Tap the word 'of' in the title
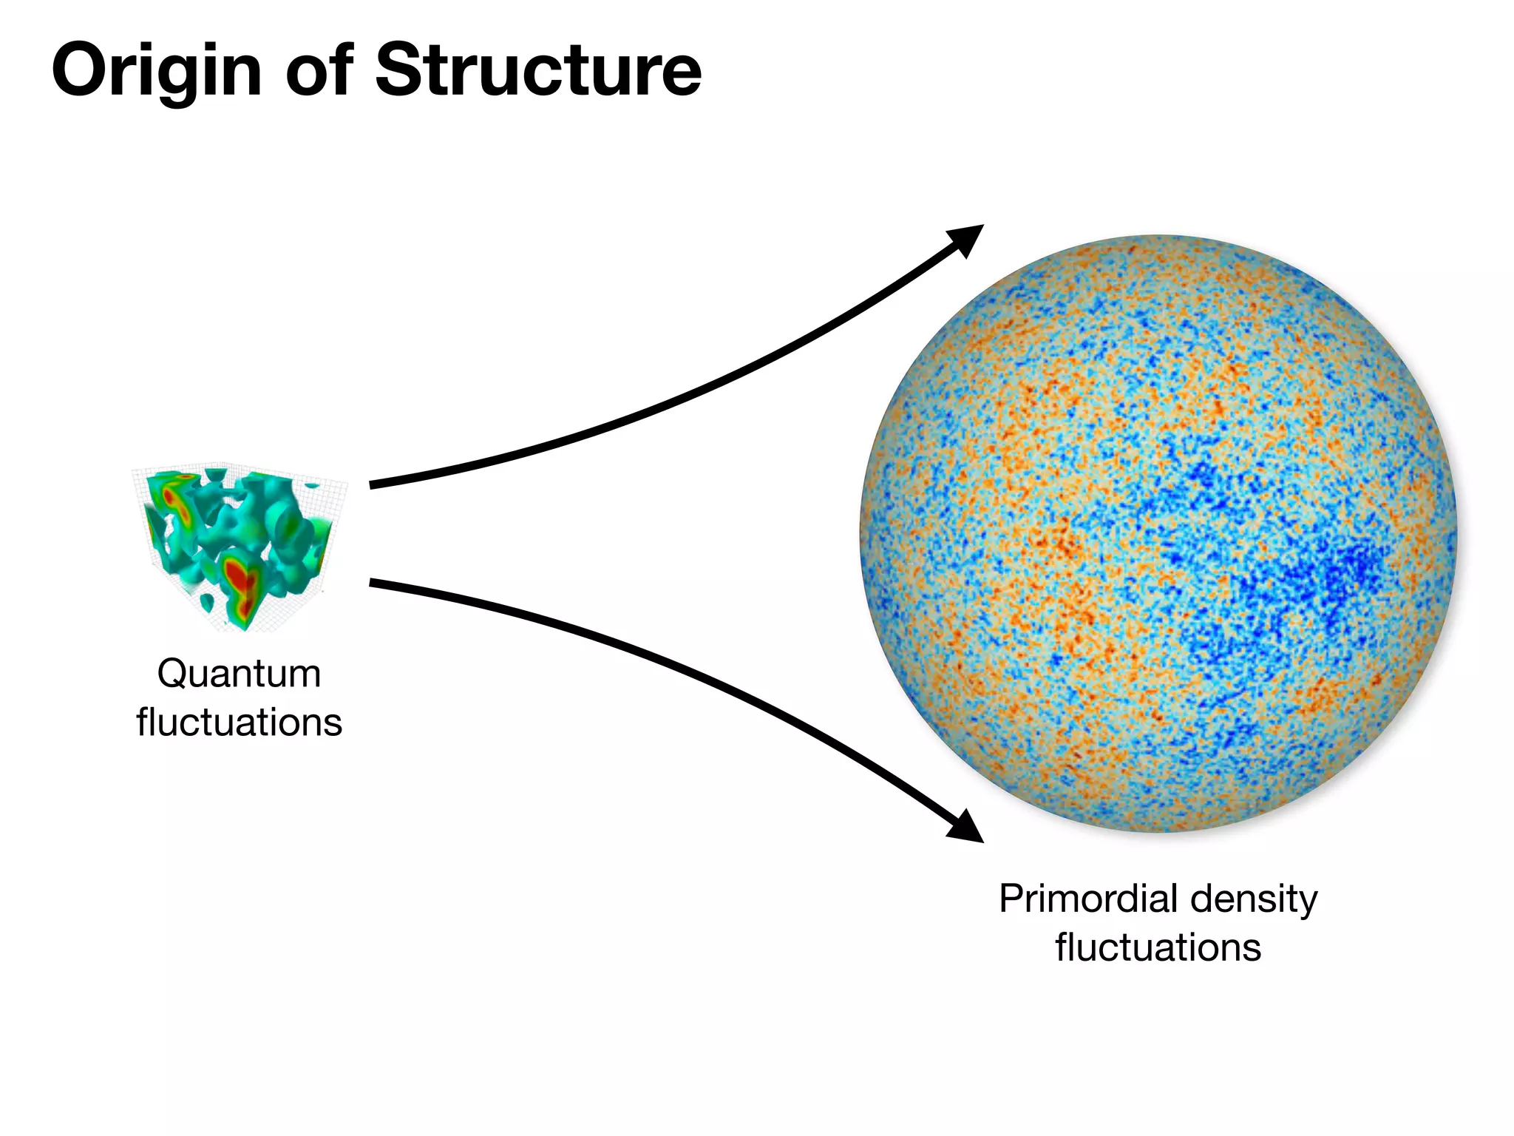point(319,70)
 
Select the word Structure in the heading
point(538,70)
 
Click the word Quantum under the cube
point(239,674)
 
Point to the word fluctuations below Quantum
point(239,723)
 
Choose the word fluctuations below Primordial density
point(1158,948)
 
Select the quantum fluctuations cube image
point(238,547)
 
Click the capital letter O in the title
point(78,70)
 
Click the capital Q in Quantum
point(172,674)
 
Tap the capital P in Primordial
point(1011,899)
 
